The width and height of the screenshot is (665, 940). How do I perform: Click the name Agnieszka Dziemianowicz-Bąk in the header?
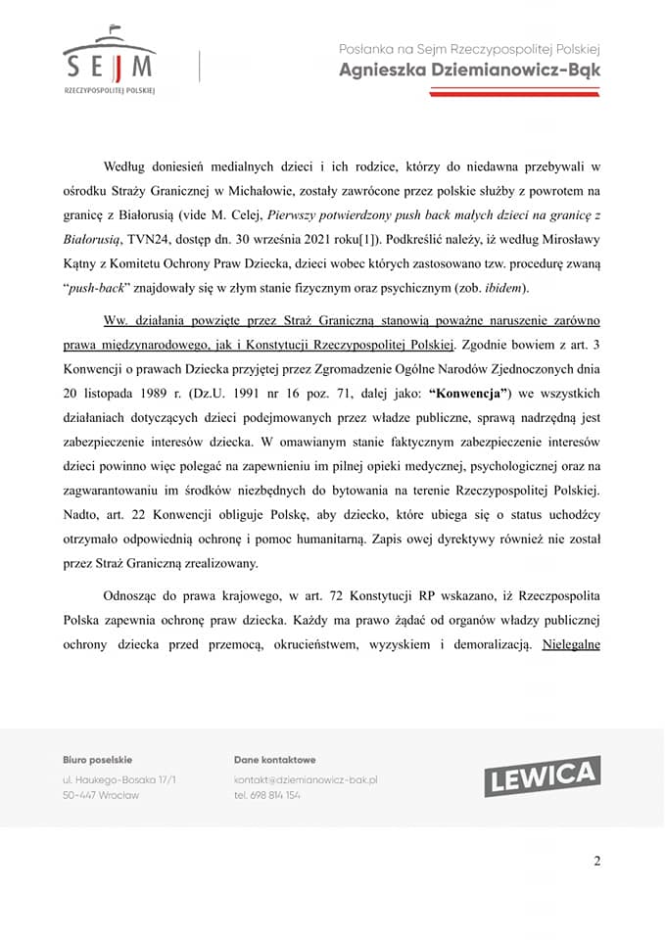click(x=469, y=70)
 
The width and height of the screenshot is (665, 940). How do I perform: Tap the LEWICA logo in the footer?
click(x=542, y=776)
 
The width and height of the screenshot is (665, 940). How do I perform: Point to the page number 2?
click(x=596, y=861)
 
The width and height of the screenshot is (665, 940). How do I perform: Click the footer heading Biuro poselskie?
click(x=97, y=759)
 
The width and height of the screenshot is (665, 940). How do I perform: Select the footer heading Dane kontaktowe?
click(x=274, y=759)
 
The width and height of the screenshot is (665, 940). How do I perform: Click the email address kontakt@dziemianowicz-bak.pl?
click(x=306, y=779)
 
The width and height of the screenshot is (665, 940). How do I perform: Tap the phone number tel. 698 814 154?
click(x=267, y=795)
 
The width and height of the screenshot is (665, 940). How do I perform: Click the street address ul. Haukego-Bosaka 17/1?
click(x=119, y=779)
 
